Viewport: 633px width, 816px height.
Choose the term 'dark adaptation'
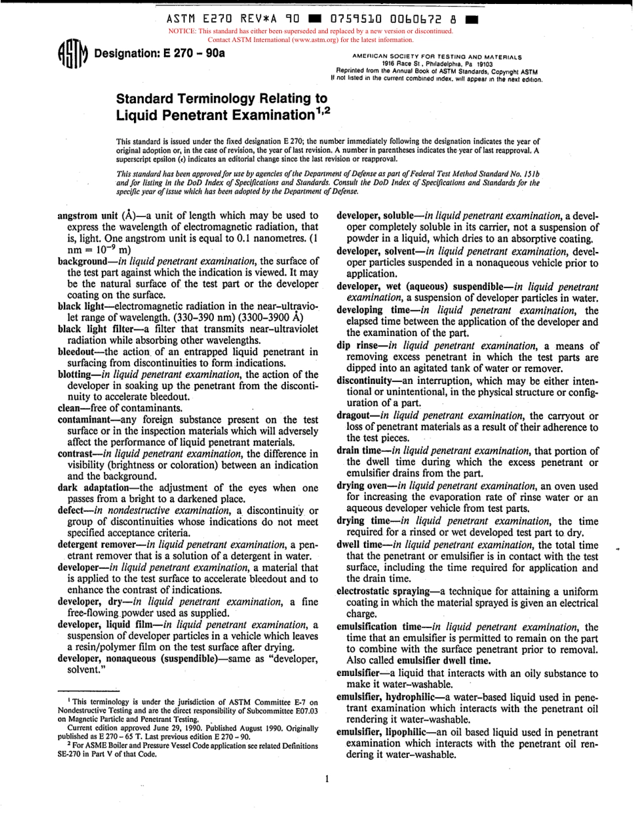(96, 487)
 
